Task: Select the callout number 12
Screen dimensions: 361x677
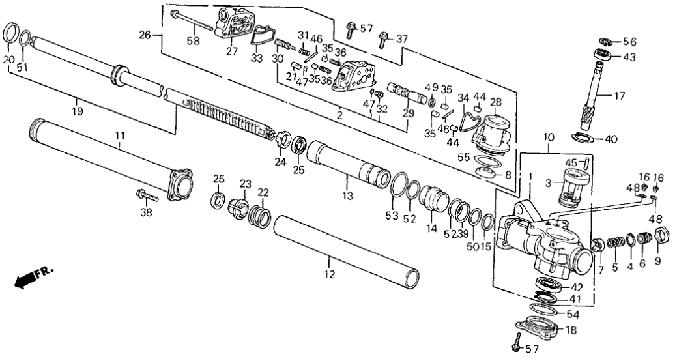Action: tap(330, 274)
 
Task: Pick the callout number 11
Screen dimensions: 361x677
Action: tap(120, 136)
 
